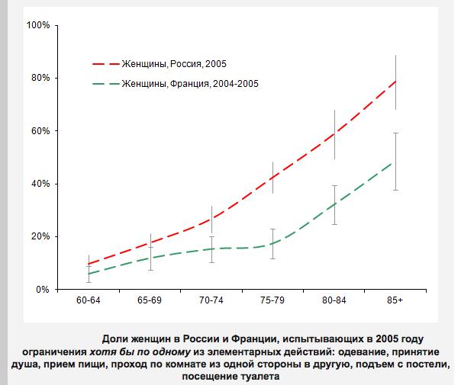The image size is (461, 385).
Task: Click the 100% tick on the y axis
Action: click(x=37, y=25)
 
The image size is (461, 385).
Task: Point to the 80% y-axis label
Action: click(x=40, y=78)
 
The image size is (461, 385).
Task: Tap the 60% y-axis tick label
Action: click(x=40, y=130)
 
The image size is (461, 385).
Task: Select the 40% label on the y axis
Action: click(x=40, y=184)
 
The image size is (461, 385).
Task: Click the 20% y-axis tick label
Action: click(x=40, y=236)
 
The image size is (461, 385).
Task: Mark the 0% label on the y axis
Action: click(x=43, y=290)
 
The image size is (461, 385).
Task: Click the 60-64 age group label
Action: click(x=89, y=302)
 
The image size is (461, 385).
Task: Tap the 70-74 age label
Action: click(x=211, y=302)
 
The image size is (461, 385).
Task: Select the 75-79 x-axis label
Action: click(x=272, y=302)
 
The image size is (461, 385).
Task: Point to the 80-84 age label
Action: click(x=334, y=302)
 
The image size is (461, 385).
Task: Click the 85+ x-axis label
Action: click(x=395, y=302)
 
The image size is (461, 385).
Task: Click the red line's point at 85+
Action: click(x=395, y=81)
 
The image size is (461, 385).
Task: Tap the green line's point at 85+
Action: click(x=395, y=162)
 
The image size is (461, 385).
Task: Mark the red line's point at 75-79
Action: click(x=272, y=178)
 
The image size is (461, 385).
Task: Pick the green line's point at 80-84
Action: click(x=334, y=204)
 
